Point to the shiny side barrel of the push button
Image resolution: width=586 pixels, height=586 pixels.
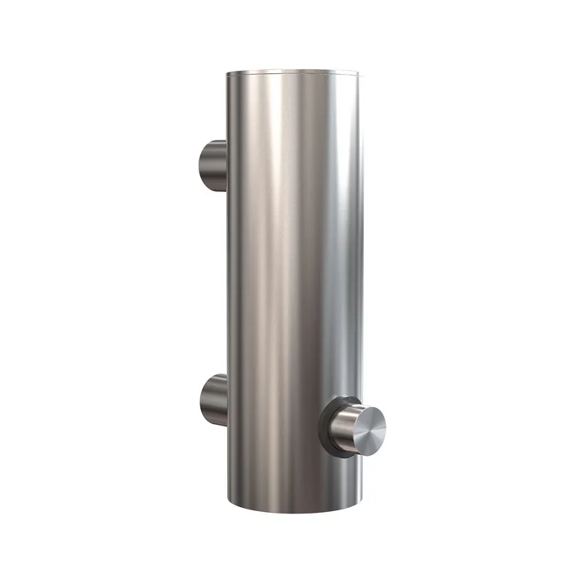click(x=347, y=423)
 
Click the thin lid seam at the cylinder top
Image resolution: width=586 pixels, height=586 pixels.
click(x=295, y=77)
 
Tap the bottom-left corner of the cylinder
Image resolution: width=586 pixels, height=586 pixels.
click(x=229, y=495)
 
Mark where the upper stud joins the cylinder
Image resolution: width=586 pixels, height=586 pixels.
click(x=227, y=164)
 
